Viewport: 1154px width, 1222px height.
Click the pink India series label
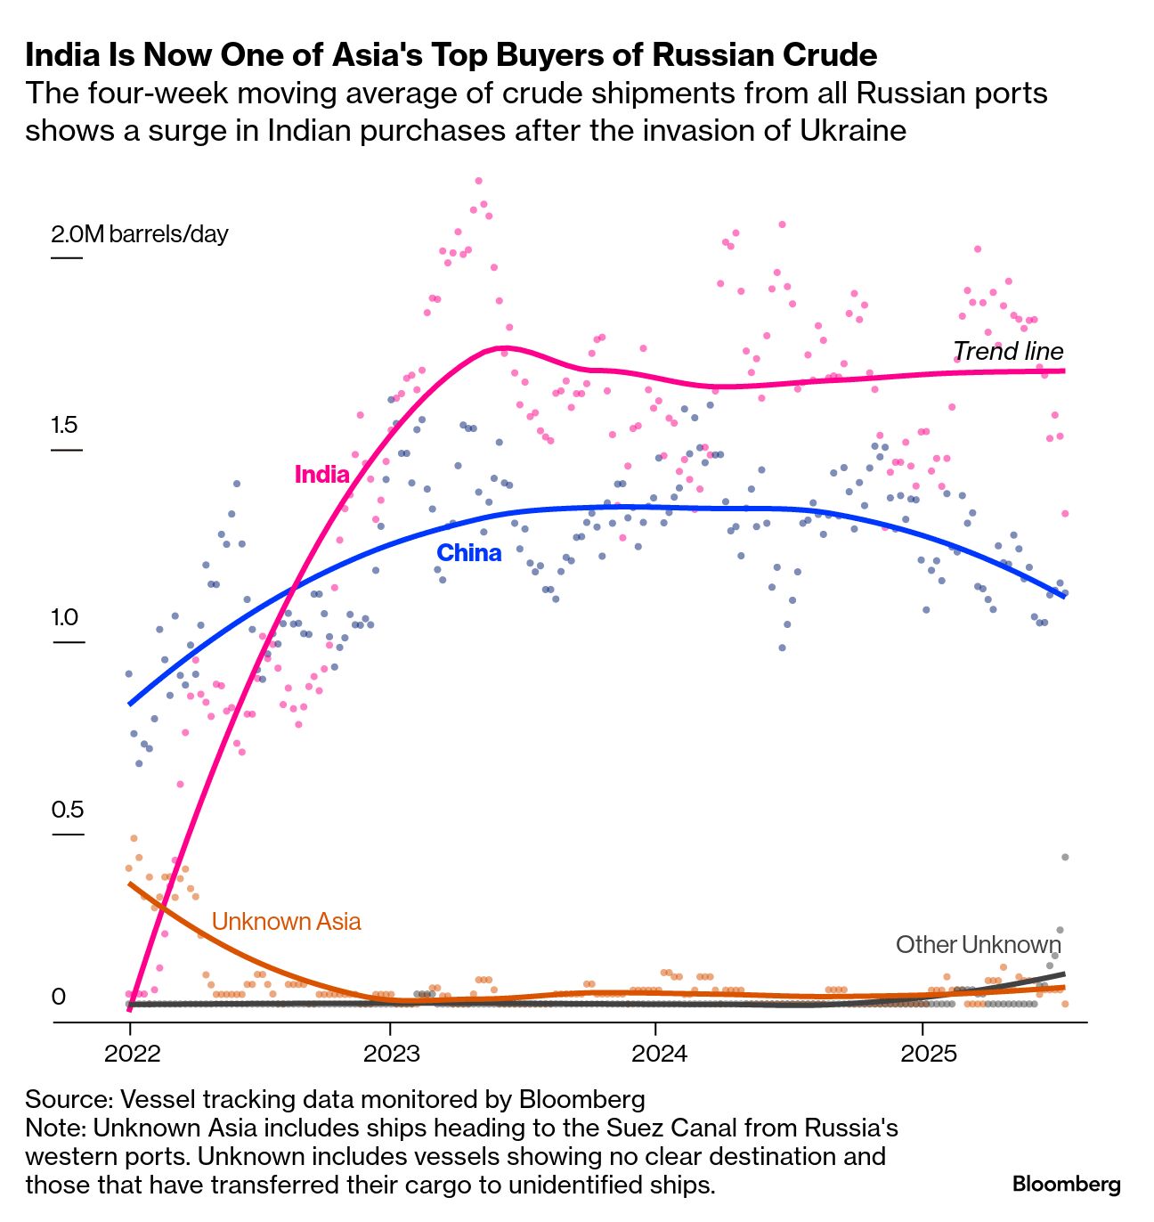[321, 474]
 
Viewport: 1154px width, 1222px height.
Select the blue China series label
[468, 553]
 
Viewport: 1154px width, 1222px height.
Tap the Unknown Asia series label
[286, 921]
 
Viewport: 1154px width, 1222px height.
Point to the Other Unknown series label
[978, 944]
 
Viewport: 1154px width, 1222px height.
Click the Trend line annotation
[1008, 351]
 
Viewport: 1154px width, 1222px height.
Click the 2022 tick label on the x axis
[132, 1054]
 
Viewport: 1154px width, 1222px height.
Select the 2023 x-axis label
[391, 1054]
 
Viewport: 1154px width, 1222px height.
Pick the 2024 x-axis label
[659, 1054]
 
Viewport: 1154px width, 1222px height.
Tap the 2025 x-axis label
[928, 1054]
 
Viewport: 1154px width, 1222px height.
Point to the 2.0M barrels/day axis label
[140, 234]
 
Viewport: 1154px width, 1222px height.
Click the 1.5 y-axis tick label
[64, 425]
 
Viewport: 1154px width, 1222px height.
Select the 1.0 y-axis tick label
[64, 617]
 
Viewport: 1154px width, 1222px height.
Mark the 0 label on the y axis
[59, 996]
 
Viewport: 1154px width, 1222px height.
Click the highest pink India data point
[478, 181]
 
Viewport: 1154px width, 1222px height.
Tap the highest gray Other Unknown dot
[1064, 857]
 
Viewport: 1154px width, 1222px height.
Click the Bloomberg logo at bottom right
[1066, 1185]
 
